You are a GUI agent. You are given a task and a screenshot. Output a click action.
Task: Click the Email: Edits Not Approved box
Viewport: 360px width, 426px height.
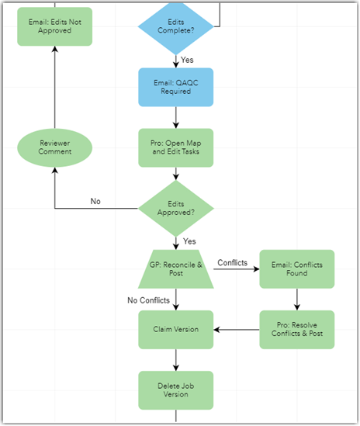pyautogui.click(x=54, y=26)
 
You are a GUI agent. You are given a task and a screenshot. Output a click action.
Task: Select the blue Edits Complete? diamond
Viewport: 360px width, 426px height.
pyautogui.click(x=175, y=26)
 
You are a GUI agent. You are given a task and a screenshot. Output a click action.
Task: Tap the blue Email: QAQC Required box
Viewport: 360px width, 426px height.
pyautogui.click(x=175, y=86)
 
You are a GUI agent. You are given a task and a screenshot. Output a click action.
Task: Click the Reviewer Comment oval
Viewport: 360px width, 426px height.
pyautogui.click(x=54, y=147)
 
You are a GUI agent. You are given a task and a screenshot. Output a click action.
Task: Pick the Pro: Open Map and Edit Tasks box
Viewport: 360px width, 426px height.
pyautogui.click(x=175, y=147)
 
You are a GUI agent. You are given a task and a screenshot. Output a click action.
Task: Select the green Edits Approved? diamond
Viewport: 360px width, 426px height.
pyautogui.click(x=175, y=208)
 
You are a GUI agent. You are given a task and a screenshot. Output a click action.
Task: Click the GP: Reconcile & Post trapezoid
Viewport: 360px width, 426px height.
pyautogui.click(x=175, y=268)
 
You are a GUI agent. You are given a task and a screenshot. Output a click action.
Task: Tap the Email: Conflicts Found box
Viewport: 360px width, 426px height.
pyautogui.click(x=296, y=268)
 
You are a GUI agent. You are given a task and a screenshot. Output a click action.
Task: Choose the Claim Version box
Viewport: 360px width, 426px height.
pyautogui.click(x=175, y=329)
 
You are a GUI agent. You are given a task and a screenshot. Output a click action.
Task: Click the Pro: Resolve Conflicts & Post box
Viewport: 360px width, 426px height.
pyautogui.click(x=296, y=329)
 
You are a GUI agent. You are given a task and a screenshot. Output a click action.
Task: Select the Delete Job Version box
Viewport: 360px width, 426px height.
pyautogui.click(x=175, y=390)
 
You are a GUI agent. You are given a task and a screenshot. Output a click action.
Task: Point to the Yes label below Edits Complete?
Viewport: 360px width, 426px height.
pyautogui.click(x=188, y=60)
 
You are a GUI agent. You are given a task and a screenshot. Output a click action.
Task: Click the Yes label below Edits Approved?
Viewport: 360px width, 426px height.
pyautogui.click(x=189, y=241)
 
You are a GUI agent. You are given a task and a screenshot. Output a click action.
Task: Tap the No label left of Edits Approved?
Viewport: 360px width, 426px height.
pyautogui.click(x=95, y=201)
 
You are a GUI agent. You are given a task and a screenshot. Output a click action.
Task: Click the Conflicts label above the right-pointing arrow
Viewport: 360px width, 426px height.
pyautogui.click(x=232, y=262)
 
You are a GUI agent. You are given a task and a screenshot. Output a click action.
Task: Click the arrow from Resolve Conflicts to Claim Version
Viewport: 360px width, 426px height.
pyautogui.click(x=237, y=330)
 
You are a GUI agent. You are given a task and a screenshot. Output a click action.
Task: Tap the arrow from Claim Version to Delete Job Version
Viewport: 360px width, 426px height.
pyautogui.click(x=175, y=359)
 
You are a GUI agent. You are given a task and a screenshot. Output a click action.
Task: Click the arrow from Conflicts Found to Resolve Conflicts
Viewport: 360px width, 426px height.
pyautogui.click(x=296, y=299)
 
